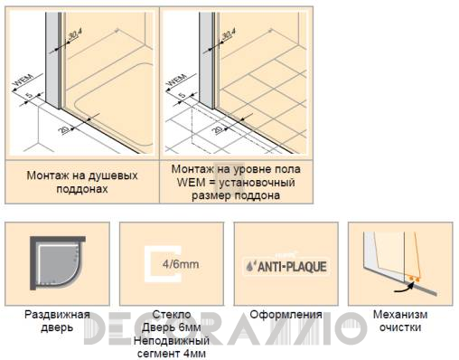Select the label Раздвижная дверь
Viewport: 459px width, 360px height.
pyautogui.click(x=57, y=321)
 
